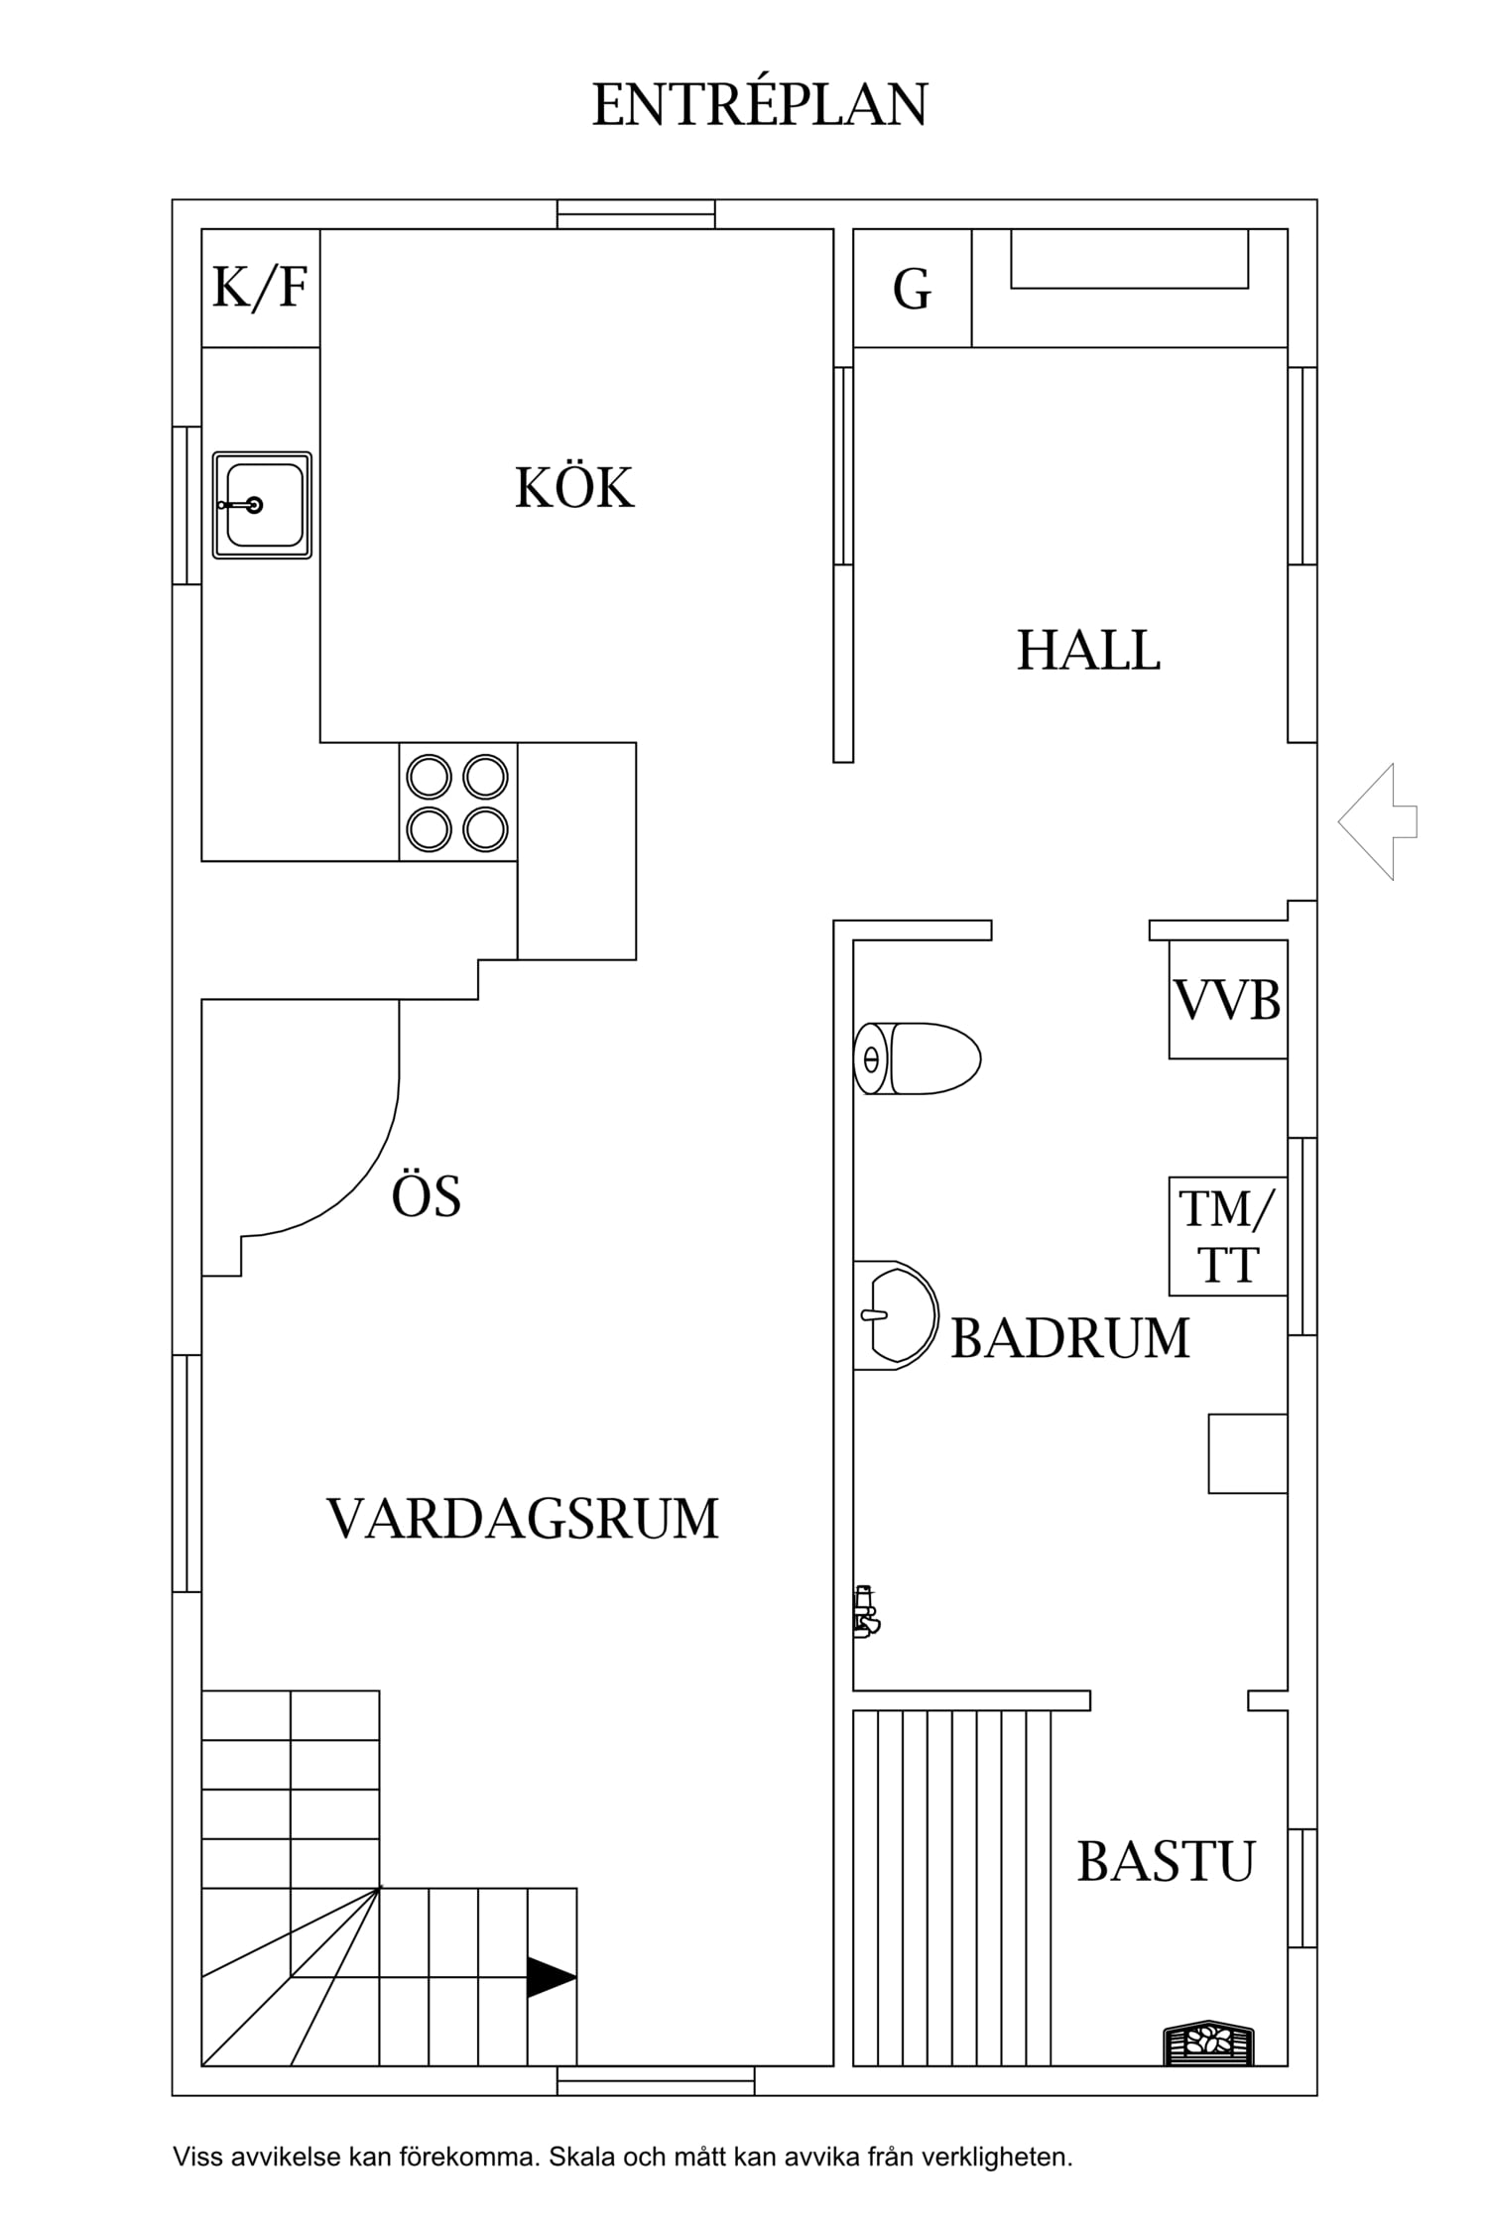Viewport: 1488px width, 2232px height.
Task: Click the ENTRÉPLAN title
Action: click(760, 105)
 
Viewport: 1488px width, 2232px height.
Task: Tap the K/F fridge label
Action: click(260, 288)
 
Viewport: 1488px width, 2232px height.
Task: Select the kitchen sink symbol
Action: click(262, 505)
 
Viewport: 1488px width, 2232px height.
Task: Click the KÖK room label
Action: click(574, 487)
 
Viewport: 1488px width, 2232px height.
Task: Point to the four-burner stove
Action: click(457, 803)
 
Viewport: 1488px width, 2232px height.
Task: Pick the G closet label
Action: click(912, 290)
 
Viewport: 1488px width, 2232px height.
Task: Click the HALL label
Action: click(1088, 651)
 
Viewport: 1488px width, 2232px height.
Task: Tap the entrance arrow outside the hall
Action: click(1377, 821)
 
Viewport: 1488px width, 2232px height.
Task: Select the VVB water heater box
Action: click(1227, 999)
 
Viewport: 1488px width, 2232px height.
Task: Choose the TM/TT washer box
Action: click(1227, 1236)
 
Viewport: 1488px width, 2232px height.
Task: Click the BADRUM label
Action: click(1069, 1338)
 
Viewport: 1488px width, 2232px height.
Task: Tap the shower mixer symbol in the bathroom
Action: click(866, 1611)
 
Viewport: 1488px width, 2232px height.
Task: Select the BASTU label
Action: click(1166, 1862)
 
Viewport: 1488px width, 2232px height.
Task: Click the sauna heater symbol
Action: click(1208, 2041)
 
